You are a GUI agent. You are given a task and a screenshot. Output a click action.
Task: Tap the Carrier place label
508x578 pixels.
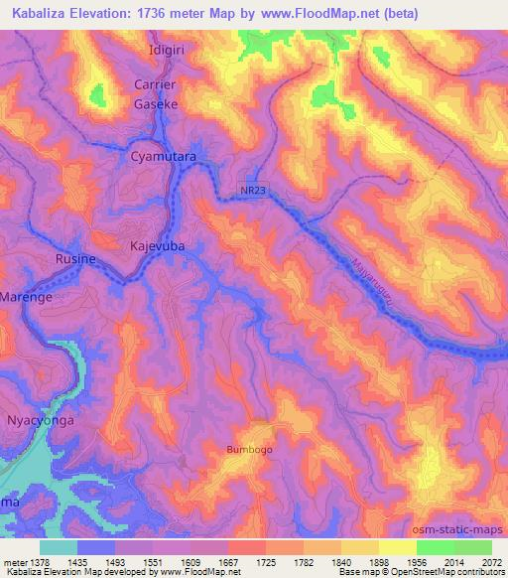[x=156, y=85]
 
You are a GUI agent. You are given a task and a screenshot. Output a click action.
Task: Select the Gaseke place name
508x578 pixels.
[x=156, y=103]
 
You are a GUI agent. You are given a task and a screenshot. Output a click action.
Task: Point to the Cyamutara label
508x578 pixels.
[x=163, y=158]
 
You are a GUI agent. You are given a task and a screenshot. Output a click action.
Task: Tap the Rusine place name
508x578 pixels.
[x=76, y=259]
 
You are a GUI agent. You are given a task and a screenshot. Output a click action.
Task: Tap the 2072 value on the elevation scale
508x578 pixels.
[x=491, y=562]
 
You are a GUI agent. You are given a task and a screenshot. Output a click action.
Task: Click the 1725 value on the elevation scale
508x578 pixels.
[x=267, y=562]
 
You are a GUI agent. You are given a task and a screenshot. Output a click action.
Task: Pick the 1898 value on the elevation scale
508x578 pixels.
[x=379, y=562]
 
